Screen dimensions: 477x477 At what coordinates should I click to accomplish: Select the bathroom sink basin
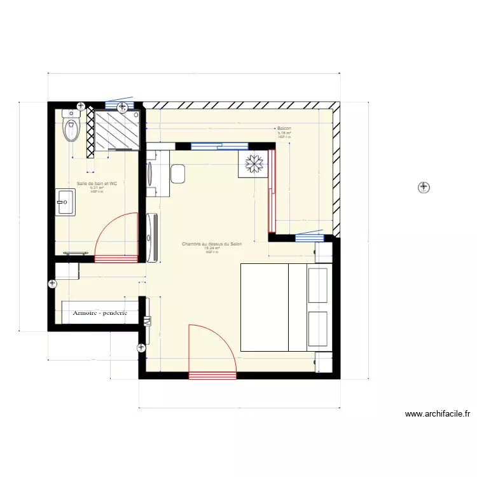[65, 202]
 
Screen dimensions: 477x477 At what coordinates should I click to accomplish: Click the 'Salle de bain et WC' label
[97, 184]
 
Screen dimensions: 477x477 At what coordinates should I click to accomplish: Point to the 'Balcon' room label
[284, 128]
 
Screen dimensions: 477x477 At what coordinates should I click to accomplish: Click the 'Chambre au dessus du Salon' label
[212, 244]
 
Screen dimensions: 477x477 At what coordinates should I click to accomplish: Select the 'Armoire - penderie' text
[100, 313]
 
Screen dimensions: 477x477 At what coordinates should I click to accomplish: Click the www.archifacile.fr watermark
[438, 414]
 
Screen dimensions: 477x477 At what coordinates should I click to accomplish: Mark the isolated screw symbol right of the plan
[423, 187]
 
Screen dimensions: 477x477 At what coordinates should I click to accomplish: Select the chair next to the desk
[177, 173]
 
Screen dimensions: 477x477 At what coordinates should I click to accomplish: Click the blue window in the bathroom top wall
[119, 105]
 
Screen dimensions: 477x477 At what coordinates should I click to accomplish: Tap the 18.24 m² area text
[212, 248]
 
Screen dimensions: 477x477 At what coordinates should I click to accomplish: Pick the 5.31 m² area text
[97, 188]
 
